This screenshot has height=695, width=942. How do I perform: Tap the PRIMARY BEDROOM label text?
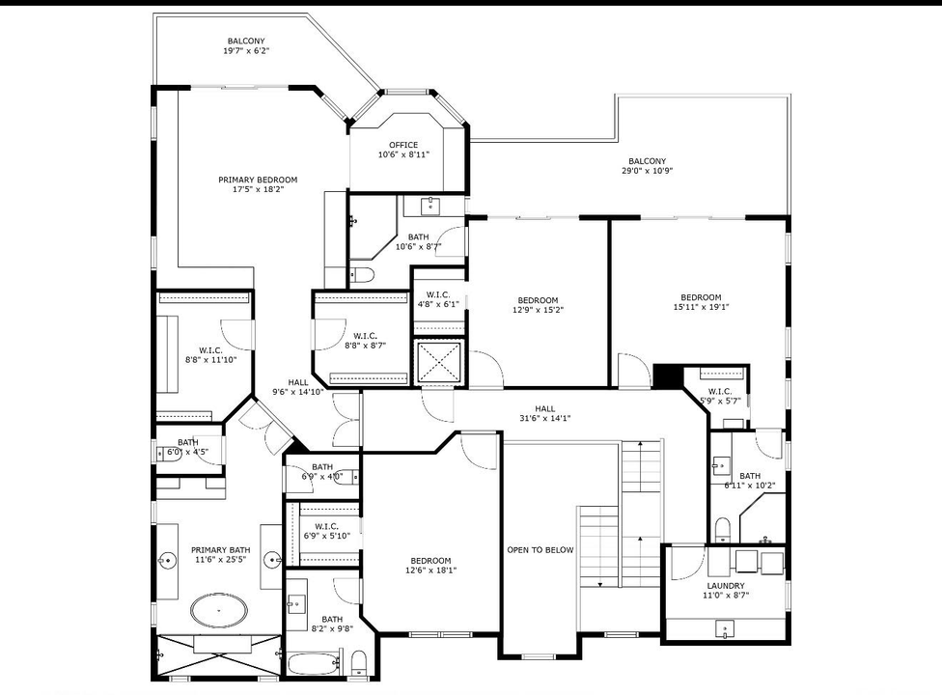pyautogui.click(x=258, y=180)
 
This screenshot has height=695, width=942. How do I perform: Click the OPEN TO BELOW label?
pyautogui.click(x=540, y=550)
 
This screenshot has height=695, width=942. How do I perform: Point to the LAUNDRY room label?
pyautogui.click(x=725, y=586)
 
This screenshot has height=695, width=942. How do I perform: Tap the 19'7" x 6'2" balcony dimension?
pyautogui.click(x=246, y=51)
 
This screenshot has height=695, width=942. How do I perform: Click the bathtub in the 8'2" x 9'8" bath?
pyautogui.click(x=314, y=663)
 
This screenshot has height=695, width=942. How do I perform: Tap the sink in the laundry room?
pyautogui.click(x=725, y=629)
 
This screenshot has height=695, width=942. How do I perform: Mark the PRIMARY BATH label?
pyautogui.click(x=220, y=550)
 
